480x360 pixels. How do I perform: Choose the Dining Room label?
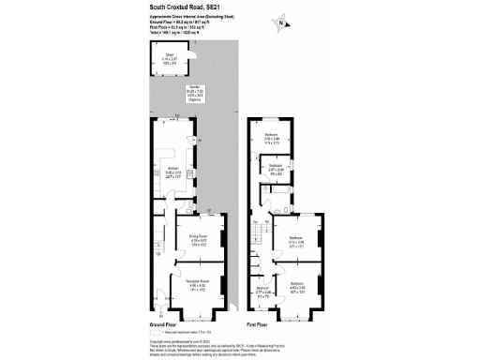pyautogui.click(x=198, y=241)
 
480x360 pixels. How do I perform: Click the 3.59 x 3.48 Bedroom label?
pyautogui.click(x=272, y=139)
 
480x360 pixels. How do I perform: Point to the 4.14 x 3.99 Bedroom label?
pyautogui.click(x=296, y=242)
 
